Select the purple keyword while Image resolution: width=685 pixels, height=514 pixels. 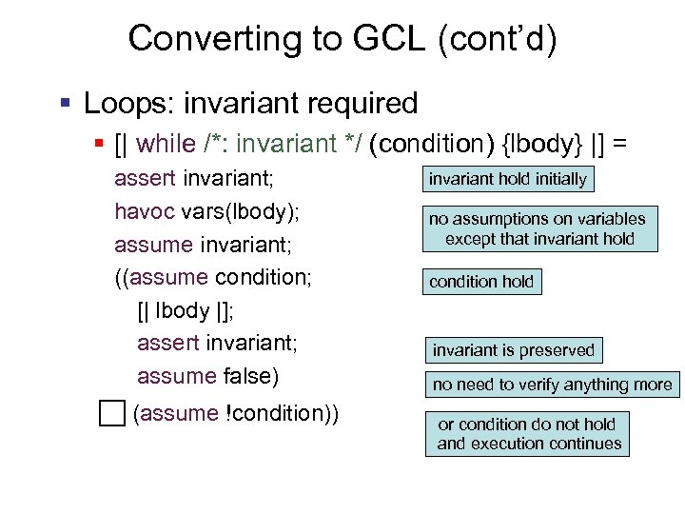tap(166, 144)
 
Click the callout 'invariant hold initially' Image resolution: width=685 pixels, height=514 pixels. tap(508, 179)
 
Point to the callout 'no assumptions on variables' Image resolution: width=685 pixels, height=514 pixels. tap(539, 229)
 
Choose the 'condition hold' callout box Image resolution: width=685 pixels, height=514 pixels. tap(482, 282)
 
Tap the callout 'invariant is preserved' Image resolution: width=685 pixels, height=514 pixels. tap(514, 350)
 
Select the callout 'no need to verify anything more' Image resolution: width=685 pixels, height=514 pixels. tap(552, 385)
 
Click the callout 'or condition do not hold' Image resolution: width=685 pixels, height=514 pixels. tap(528, 434)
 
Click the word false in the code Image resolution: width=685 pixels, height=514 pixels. tap(250, 376)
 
